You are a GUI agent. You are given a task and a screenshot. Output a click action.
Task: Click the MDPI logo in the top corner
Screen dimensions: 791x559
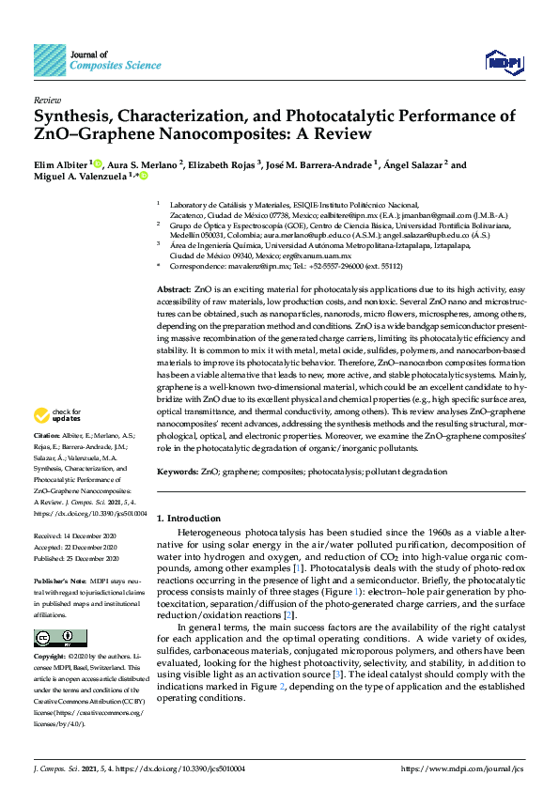504,62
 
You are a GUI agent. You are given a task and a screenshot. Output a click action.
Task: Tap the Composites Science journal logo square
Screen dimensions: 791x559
50,60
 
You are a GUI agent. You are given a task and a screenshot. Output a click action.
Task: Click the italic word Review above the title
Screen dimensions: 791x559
47,99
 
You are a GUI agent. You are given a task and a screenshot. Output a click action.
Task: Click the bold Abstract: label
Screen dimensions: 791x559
173,289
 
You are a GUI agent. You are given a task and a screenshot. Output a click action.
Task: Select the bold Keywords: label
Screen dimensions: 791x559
177,471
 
